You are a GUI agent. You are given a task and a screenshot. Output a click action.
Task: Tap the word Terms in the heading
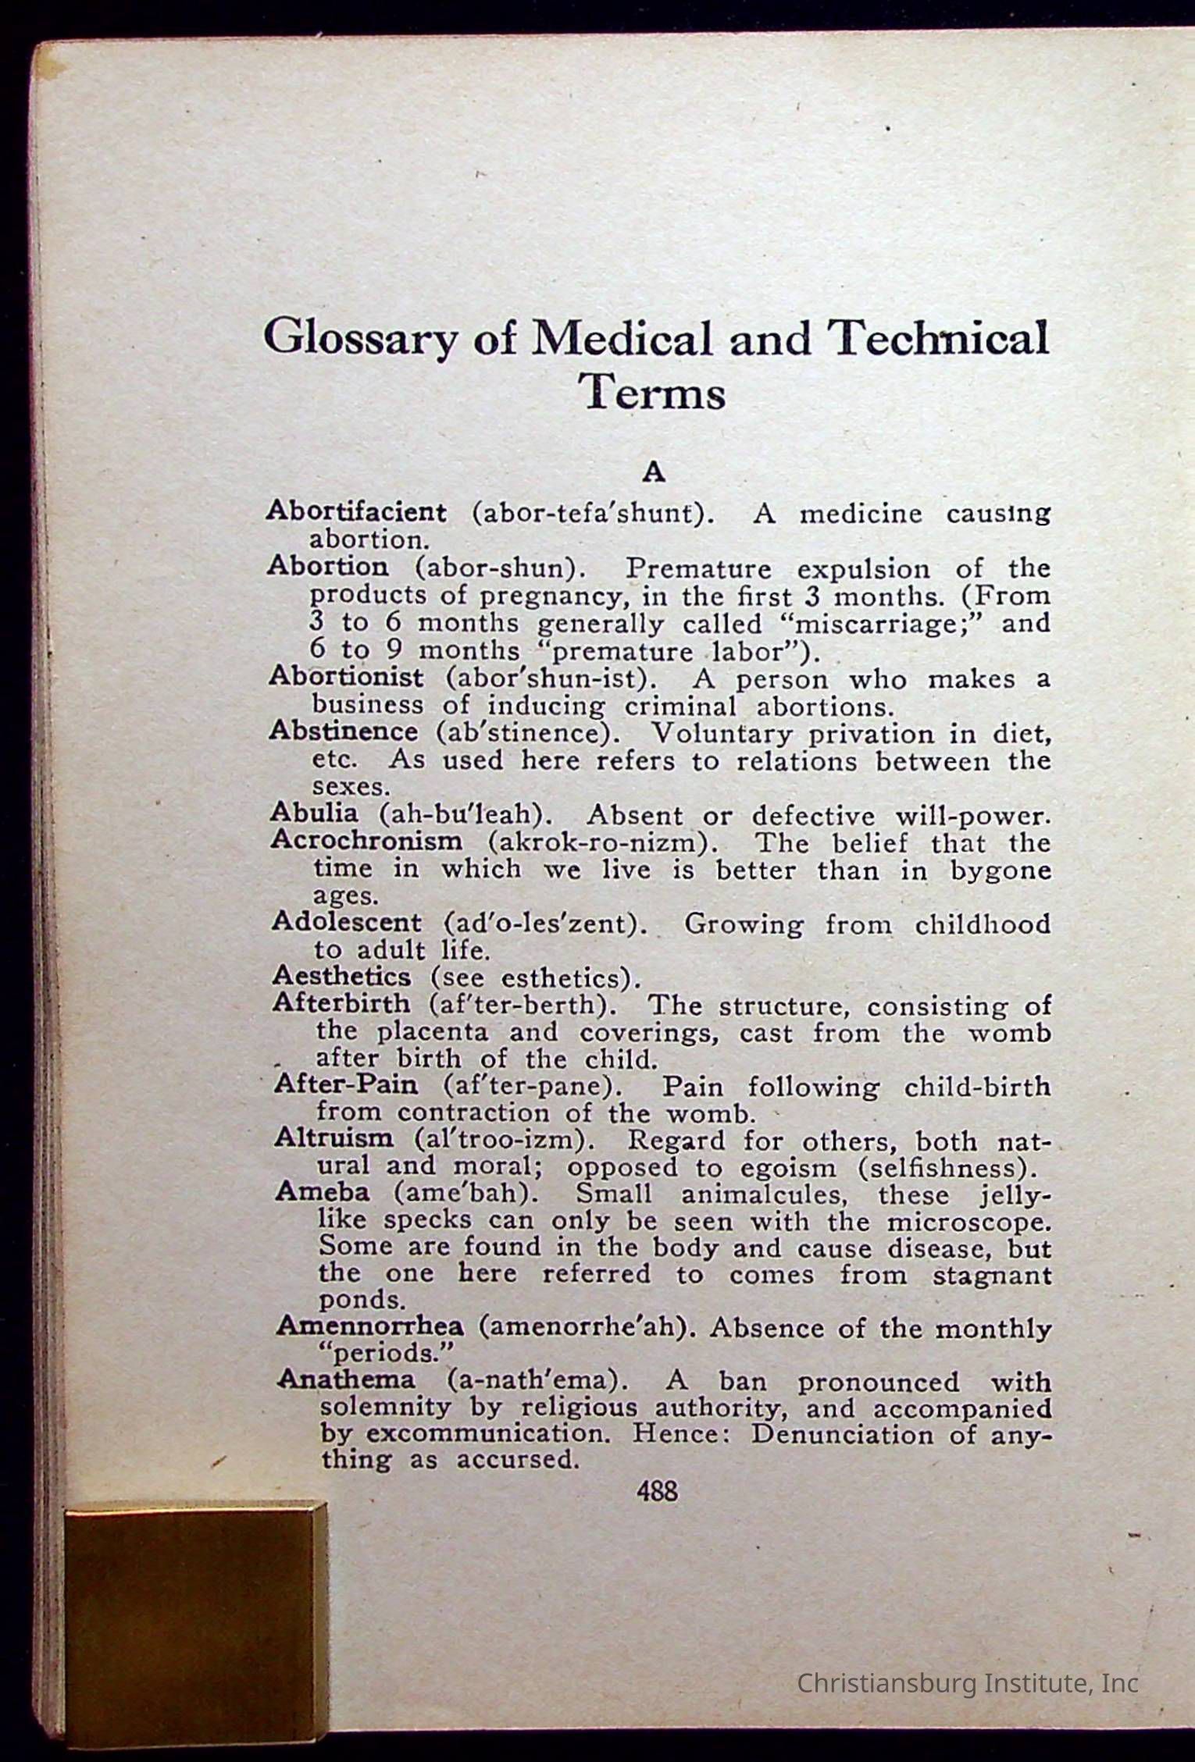[655, 393]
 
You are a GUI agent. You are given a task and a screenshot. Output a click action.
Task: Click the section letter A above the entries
[653, 472]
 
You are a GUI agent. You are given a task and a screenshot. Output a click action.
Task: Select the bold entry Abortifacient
[356, 512]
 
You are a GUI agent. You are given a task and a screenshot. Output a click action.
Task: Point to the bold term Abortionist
[346, 676]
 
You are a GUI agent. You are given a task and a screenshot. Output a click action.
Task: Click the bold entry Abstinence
[344, 731]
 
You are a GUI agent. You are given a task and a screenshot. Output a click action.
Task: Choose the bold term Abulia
[314, 813]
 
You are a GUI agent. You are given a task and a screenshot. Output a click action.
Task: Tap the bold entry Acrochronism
[367, 841]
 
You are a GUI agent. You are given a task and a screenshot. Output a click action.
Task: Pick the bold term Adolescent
[347, 922]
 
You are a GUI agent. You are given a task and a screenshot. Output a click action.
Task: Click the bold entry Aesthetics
[342, 976]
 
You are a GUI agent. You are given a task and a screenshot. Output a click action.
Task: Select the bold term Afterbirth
[341, 1003]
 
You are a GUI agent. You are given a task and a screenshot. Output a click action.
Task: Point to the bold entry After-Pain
[346, 1084]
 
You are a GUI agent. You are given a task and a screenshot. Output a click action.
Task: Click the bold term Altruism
[334, 1138]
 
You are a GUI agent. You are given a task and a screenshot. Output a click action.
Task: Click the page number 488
[657, 1492]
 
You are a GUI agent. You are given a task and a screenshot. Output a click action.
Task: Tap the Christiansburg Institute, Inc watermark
[967, 1684]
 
